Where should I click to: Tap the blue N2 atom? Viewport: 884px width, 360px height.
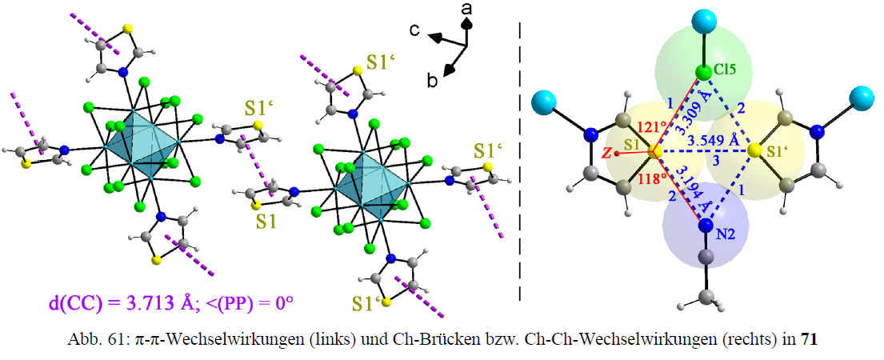click(706, 226)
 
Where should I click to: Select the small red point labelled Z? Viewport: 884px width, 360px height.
click(618, 153)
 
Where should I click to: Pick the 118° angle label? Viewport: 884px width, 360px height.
click(648, 181)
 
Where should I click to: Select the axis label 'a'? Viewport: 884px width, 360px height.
click(466, 8)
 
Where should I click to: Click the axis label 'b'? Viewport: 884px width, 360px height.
click(433, 81)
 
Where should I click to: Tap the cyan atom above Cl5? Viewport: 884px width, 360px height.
click(704, 21)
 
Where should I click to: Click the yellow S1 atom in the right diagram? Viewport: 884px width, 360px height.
click(654, 151)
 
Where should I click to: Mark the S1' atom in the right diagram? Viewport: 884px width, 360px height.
click(753, 151)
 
